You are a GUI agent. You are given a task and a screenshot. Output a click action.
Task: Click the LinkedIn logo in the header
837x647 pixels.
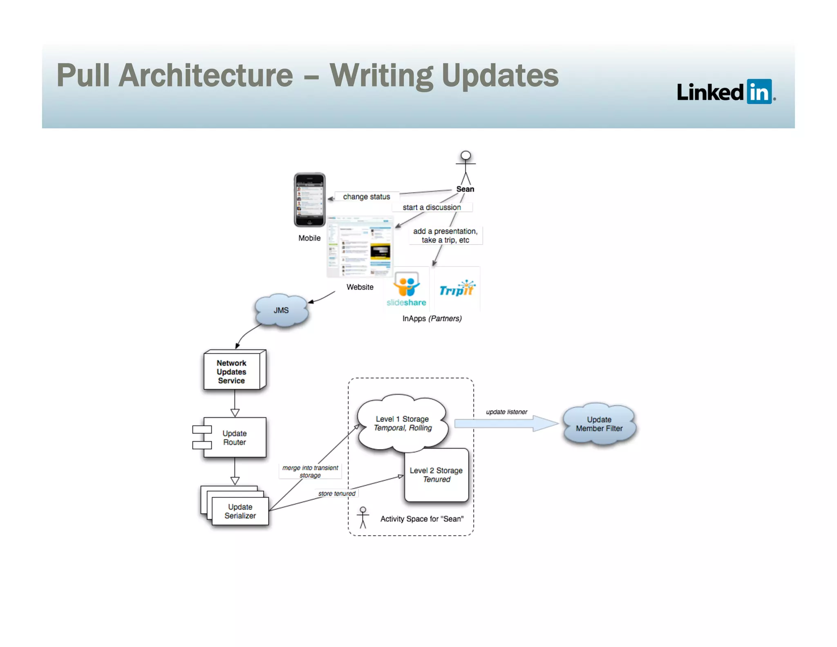point(725,92)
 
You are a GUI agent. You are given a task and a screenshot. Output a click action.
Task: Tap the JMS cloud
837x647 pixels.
point(281,310)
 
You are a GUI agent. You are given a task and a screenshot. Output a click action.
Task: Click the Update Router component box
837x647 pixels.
point(235,437)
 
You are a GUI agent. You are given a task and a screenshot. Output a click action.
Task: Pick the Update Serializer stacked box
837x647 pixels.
point(240,511)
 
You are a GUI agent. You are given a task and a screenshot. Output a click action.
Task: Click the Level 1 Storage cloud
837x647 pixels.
point(403,423)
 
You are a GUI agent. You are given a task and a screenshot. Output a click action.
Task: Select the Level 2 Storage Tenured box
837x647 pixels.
point(436,475)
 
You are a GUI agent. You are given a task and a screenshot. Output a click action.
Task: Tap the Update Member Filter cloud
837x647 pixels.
point(599,424)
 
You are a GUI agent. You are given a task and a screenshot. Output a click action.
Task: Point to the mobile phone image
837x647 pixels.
point(309,200)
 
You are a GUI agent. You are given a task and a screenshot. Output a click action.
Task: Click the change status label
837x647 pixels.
point(366,197)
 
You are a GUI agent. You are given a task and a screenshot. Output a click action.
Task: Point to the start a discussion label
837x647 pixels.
point(432,207)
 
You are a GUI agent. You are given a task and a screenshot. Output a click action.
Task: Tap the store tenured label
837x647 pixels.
point(336,494)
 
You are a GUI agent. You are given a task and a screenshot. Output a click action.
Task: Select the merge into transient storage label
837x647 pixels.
point(310,471)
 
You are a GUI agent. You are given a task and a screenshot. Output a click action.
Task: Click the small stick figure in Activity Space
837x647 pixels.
point(363,517)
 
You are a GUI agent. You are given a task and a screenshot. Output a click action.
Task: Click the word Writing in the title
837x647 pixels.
point(380,76)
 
